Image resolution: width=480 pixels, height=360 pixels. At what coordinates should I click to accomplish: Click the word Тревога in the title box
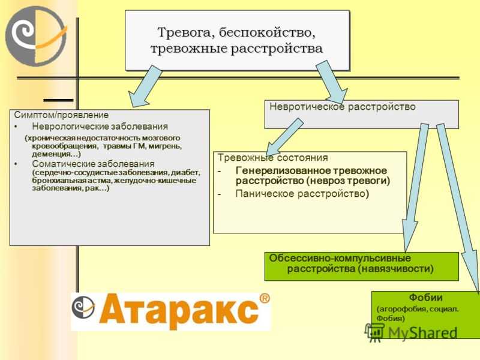pos(185,32)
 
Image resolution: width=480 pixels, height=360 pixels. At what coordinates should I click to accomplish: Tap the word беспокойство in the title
pos(267,32)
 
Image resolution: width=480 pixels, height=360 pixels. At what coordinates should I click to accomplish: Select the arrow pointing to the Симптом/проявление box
pos(145,86)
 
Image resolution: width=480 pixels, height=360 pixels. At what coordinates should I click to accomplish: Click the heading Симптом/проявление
pos(61,115)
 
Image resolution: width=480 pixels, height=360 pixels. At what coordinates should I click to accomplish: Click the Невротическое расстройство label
pos(342,107)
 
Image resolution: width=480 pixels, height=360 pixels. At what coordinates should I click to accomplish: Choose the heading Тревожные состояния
pos(272,158)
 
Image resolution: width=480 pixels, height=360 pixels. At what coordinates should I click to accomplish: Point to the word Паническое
pos(265,193)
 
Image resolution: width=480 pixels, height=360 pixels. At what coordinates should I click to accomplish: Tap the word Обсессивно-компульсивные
pos(340,258)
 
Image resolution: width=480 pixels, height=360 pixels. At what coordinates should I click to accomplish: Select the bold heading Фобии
pos(425,297)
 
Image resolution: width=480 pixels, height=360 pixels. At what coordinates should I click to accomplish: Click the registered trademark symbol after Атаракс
pos(265,298)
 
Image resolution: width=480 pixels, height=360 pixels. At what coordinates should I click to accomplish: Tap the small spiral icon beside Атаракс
pos(83,308)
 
